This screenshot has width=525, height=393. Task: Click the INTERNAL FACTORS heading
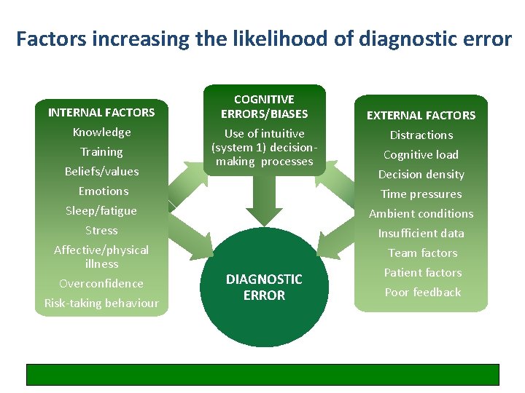(101, 112)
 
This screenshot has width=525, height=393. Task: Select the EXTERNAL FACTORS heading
(421, 115)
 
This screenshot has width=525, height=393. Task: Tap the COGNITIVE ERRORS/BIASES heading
(264, 106)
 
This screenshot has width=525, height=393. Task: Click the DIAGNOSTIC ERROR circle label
(264, 287)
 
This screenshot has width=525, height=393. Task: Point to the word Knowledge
(101, 132)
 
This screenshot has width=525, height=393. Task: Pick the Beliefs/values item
(101, 171)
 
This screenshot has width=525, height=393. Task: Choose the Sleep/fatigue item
(101, 210)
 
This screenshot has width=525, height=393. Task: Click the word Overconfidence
(101, 283)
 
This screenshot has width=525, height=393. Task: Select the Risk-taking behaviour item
(101, 303)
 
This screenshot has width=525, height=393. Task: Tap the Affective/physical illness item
(101, 256)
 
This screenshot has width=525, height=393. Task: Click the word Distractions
(421, 135)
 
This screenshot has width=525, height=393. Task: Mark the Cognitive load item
(421, 154)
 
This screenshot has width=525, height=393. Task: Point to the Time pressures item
(421, 194)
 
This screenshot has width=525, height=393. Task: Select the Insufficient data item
(421, 233)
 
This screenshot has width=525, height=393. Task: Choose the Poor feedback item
(423, 292)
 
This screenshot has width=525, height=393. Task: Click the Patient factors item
(423, 272)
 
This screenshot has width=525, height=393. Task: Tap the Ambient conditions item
(421, 213)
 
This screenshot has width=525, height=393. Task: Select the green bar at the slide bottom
(262, 374)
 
